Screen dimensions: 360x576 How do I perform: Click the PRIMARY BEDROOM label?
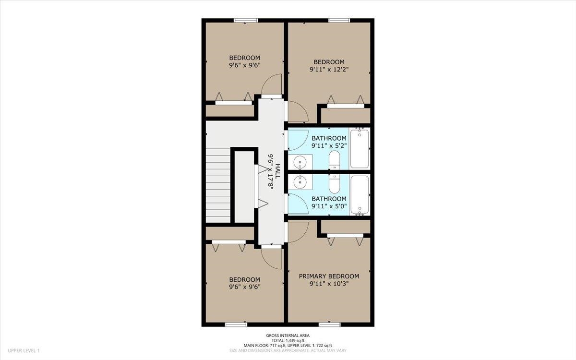329,276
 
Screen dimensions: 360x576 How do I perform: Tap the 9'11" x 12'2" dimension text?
329,69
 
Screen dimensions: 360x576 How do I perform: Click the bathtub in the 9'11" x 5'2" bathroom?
360,148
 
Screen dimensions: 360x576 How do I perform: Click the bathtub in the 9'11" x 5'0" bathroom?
360,194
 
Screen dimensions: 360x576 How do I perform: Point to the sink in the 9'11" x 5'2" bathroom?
300,162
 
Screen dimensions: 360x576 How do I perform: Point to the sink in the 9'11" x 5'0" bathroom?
300,181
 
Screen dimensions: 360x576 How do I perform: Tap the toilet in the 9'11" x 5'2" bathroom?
334,160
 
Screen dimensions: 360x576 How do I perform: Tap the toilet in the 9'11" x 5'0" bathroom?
334,182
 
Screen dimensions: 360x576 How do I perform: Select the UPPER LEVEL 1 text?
24,351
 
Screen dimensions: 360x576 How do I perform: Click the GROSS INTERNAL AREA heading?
288,336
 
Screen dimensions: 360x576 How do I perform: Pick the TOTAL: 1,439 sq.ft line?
288,340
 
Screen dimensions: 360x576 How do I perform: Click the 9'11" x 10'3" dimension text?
329,284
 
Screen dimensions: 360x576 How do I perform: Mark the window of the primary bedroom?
330,324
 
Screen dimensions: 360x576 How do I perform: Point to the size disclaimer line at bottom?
288,350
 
